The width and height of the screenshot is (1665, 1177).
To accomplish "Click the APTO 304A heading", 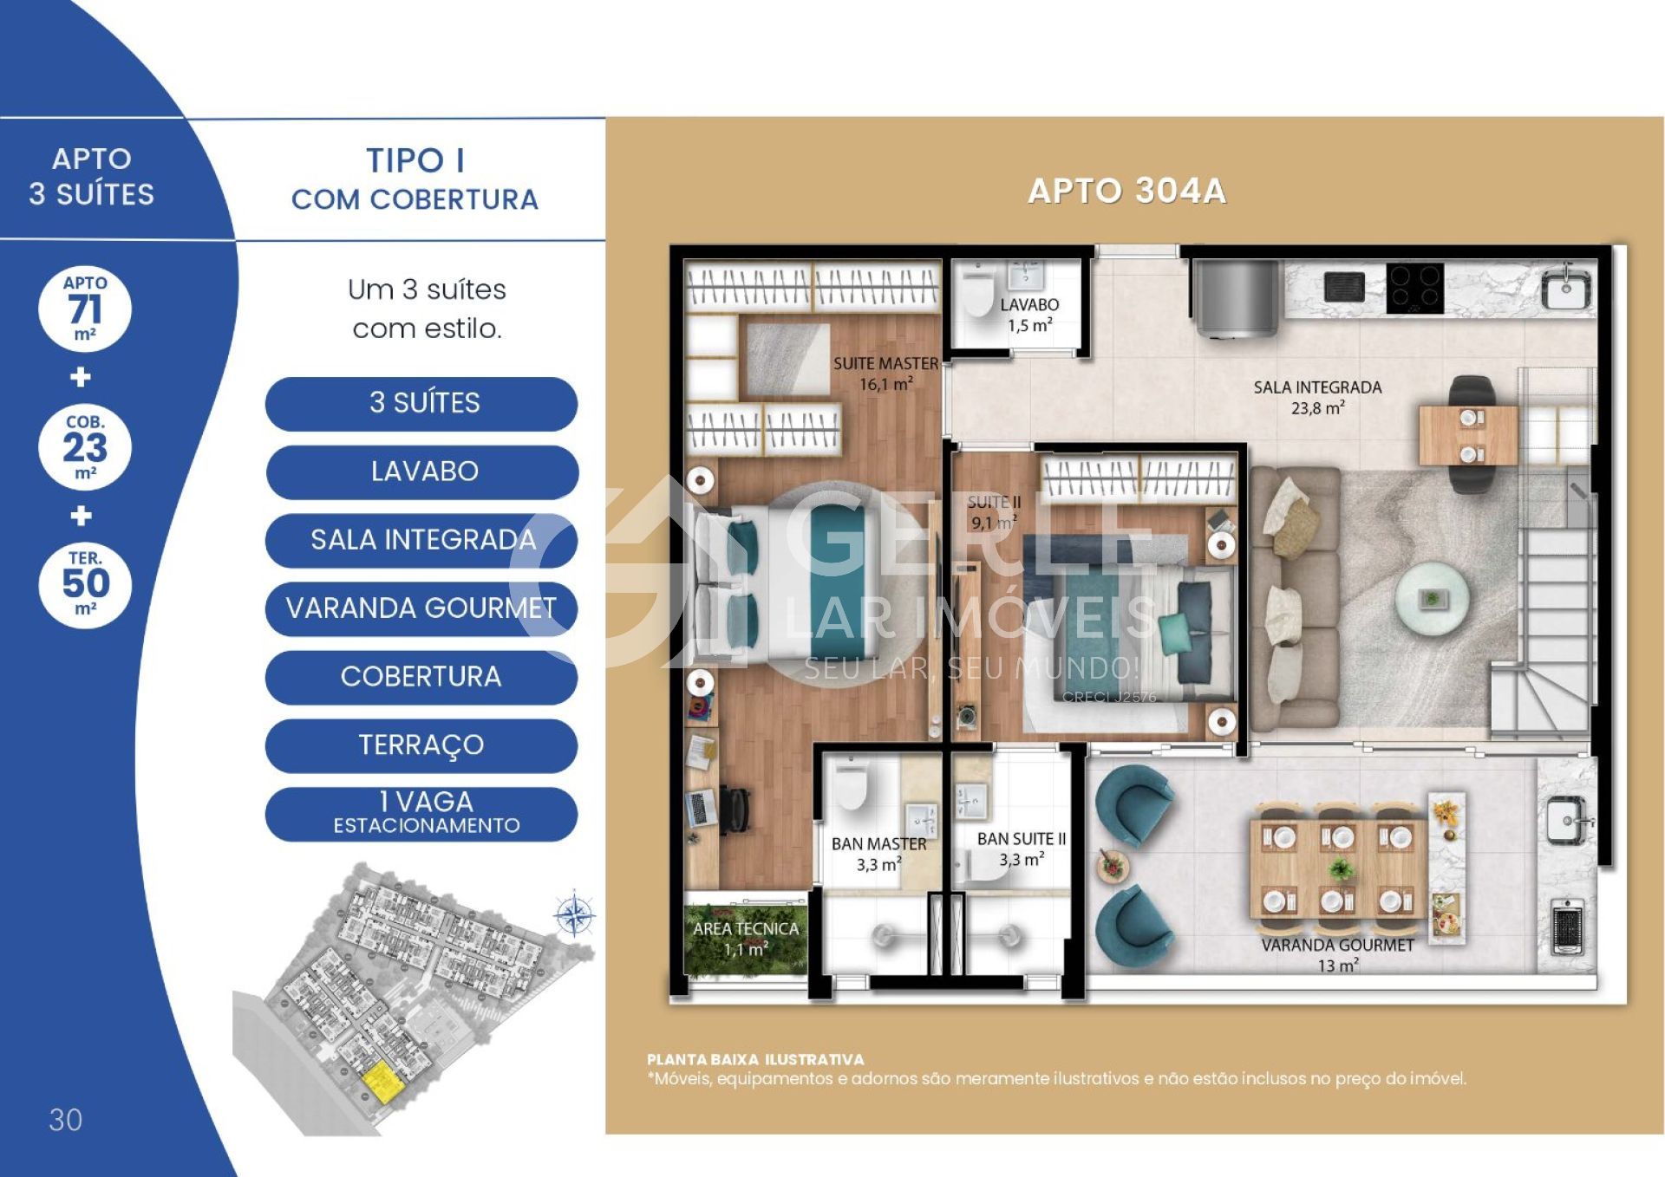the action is (x=1126, y=191).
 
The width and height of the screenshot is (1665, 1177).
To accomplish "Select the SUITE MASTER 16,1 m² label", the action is (x=885, y=374).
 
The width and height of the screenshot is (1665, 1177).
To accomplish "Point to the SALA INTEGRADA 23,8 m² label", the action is (x=1317, y=398).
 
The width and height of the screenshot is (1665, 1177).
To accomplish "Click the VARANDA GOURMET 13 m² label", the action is (x=1337, y=955).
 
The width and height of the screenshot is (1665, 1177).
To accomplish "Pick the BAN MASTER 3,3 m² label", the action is (x=878, y=854).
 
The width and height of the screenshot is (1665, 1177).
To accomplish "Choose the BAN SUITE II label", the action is (x=1021, y=839).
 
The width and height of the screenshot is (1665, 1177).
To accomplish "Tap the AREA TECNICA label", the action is (x=746, y=928).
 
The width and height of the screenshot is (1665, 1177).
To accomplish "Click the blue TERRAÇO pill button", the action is (x=421, y=745).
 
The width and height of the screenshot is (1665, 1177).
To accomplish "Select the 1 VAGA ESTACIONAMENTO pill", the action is (x=421, y=814).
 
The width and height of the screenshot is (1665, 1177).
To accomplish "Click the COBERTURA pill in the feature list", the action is (x=421, y=677).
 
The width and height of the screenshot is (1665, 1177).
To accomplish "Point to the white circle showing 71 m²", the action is (x=85, y=309).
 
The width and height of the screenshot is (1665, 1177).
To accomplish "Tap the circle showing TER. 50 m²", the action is (x=85, y=584).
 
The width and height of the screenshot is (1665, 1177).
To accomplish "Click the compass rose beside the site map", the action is (x=573, y=914).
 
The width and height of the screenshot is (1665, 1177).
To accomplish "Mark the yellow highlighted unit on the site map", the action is (x=378, y=1083).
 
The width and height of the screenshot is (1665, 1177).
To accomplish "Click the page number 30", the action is (x=66, y=1120).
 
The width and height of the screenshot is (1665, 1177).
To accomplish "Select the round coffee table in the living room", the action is (x=1432, y=597).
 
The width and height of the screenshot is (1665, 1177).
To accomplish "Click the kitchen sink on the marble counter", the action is (x=1567, y=289).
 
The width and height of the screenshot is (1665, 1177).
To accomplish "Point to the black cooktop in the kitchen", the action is (x=1414, y=288).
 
